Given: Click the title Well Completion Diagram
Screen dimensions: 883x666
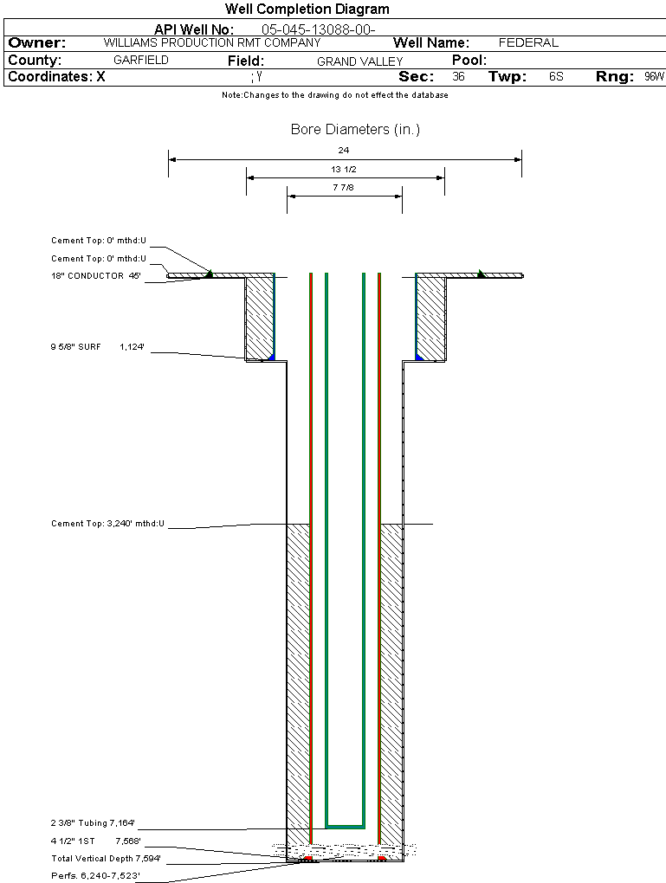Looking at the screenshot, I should pos(307,10).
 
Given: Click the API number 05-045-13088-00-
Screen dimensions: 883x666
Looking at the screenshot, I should pos(318,29).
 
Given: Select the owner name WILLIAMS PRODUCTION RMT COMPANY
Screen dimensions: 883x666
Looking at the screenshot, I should pos(211,42).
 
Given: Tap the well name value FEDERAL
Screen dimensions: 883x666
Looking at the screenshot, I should pos(528,42).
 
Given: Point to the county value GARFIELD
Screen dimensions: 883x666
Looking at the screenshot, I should pos(141,61).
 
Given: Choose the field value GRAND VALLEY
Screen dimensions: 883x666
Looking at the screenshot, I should pos(359,61).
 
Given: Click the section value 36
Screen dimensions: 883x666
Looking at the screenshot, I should pos(458,77).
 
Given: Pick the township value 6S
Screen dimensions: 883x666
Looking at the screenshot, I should pos(556,77).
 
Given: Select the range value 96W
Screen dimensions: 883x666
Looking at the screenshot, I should pos(654,77).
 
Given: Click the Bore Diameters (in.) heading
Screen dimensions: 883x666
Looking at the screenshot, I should pos(355,130).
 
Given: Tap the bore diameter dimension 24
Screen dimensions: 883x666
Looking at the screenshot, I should pos(344,150).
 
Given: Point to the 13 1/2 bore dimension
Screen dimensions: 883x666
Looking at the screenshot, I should pos(345,169).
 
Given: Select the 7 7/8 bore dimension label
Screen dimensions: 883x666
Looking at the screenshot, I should pos(344,187).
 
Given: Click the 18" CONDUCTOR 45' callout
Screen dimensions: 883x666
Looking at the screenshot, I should pos(95,276).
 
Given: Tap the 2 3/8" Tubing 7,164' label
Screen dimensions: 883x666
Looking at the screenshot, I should pos(93,823).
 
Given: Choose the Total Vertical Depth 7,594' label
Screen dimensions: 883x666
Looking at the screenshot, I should pos(106,859).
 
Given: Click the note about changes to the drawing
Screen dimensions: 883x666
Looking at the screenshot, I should pos(335,95).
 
